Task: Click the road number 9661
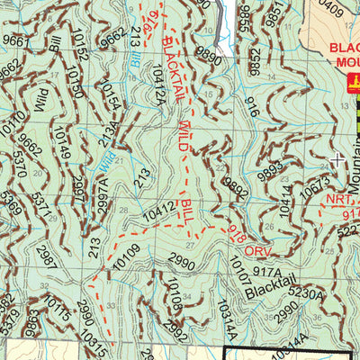point(15,40)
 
